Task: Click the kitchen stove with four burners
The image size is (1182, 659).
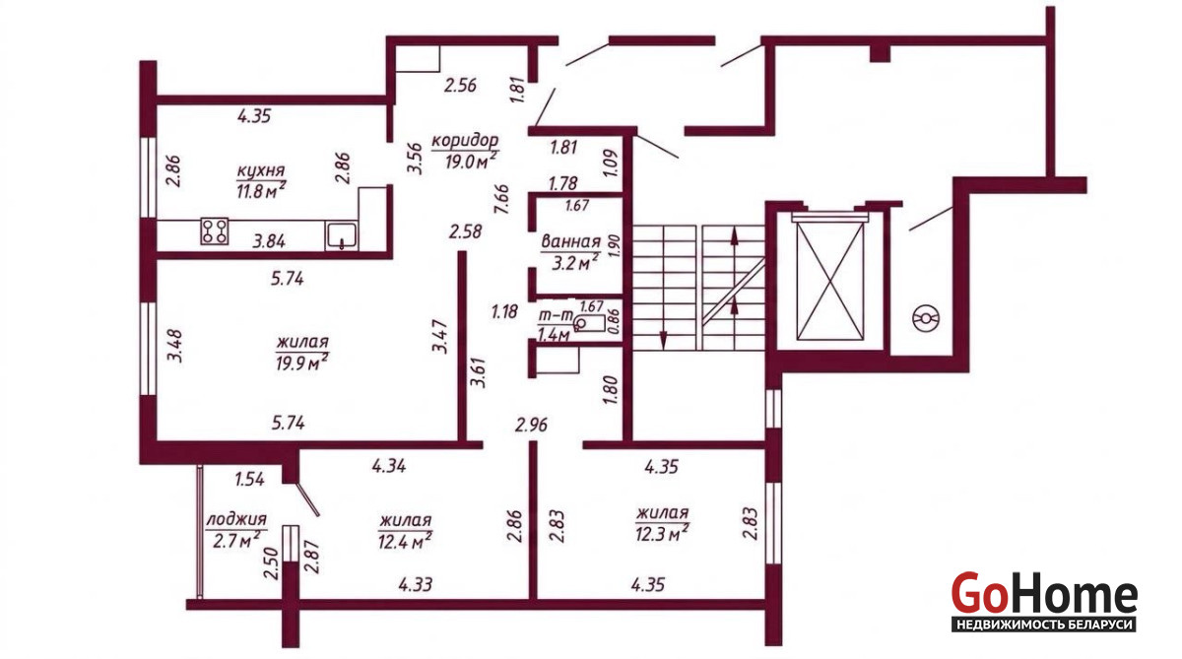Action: point(215,231)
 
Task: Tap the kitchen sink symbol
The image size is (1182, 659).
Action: point(342,235)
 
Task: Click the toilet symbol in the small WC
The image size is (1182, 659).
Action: point(589,323)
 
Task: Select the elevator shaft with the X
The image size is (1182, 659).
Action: point(830,281)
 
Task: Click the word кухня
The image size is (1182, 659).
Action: point(261,171)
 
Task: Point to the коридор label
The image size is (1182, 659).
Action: point(465,141)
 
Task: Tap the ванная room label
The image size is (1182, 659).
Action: point(571,242)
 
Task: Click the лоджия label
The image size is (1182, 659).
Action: point(236,520)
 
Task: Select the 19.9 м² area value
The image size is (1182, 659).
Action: point(301,362)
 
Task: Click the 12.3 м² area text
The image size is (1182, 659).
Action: point(662,534)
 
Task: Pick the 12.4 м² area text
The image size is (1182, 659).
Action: point(405,540)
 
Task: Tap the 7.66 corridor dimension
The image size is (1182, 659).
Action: point(501,199)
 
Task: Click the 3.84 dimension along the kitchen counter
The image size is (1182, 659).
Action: point(269,241)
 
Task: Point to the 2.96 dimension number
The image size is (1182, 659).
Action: point(531,425)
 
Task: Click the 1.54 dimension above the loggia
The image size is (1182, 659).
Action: point(249,479)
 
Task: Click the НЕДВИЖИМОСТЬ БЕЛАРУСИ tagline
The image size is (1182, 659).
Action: point(1044,625)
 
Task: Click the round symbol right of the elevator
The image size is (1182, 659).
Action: point(926,319)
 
